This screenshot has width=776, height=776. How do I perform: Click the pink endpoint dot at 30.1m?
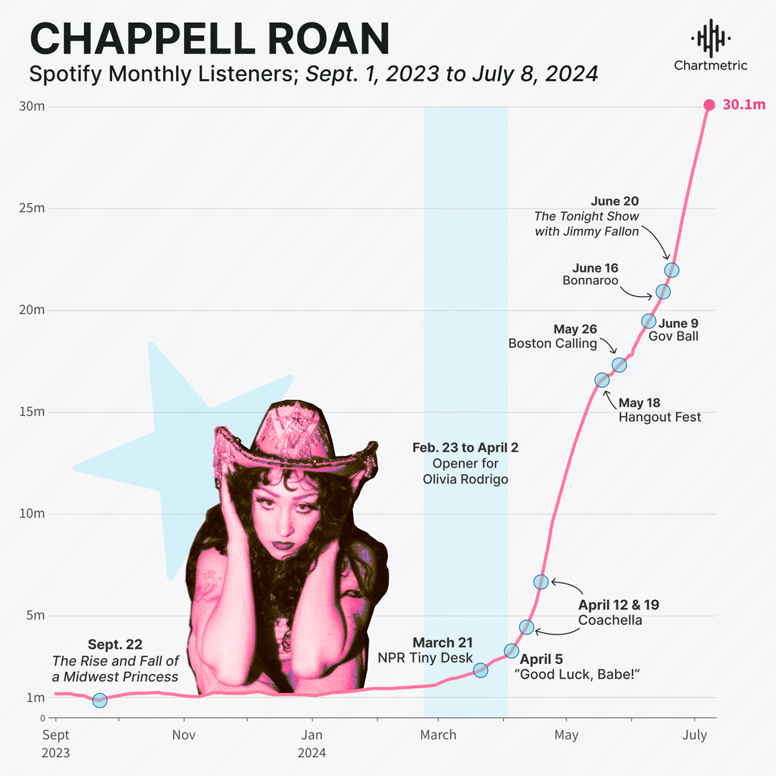pos(708,105)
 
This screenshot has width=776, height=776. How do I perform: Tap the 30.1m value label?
pos(744,105)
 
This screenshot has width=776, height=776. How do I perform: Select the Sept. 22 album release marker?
pos(100,700)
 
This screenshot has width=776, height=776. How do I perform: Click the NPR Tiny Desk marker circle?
pos(481,670)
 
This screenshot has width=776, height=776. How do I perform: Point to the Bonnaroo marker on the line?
pos(662,292)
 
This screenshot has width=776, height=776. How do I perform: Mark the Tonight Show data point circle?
pos(672,270)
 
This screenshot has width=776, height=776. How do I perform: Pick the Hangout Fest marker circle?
pos(602,379)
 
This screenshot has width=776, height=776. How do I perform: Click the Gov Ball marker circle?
pos(648,320)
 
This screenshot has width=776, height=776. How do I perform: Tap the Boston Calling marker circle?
pos(619,365)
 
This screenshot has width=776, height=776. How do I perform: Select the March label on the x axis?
pos(438,734)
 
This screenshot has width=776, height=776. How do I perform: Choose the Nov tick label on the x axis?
pos(184,734)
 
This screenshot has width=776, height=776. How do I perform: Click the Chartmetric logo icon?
pos(710,38)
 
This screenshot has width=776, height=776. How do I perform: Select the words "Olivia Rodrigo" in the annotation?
pos(465,479)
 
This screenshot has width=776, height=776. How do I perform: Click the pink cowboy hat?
pos(295,438)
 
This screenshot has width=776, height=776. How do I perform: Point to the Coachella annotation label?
pos(610,620)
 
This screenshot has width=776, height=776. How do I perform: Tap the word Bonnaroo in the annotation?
pos(591,280)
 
